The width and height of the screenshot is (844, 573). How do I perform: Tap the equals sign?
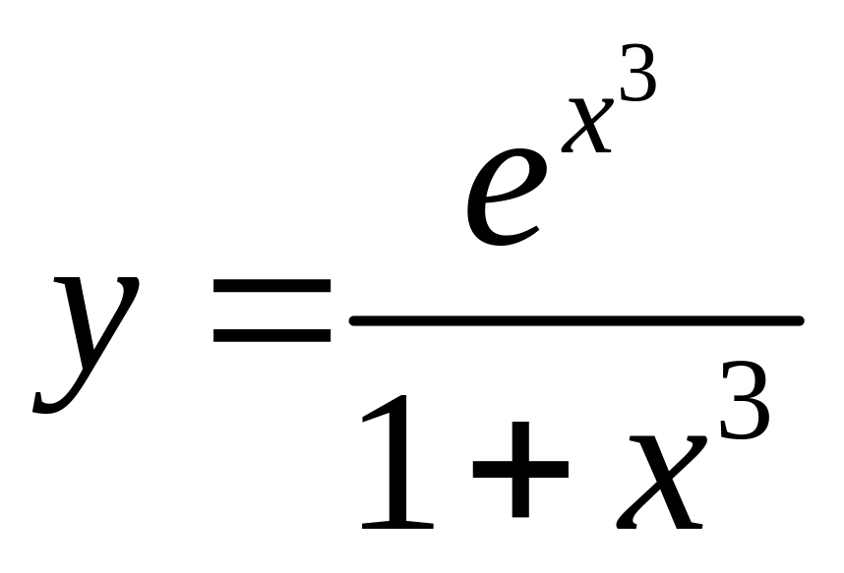click(272, 310)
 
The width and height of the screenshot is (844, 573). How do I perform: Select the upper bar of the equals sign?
click(272, 286)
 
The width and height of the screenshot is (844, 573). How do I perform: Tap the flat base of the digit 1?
click(397, 523)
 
